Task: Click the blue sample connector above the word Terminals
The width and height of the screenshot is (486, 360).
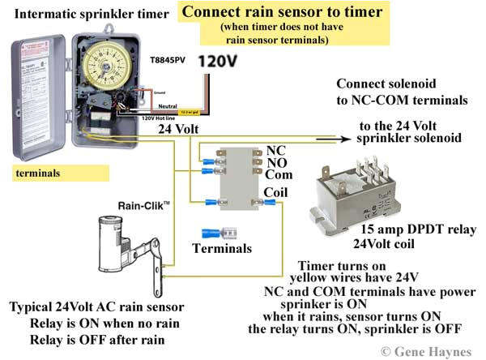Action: pyautogui.click(x=212, y=232)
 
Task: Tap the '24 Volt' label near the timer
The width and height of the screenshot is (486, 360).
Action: pyautogui.click(x=176, y=128)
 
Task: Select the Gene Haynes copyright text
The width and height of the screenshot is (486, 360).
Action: pyautogui.click(x=426, y=350)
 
